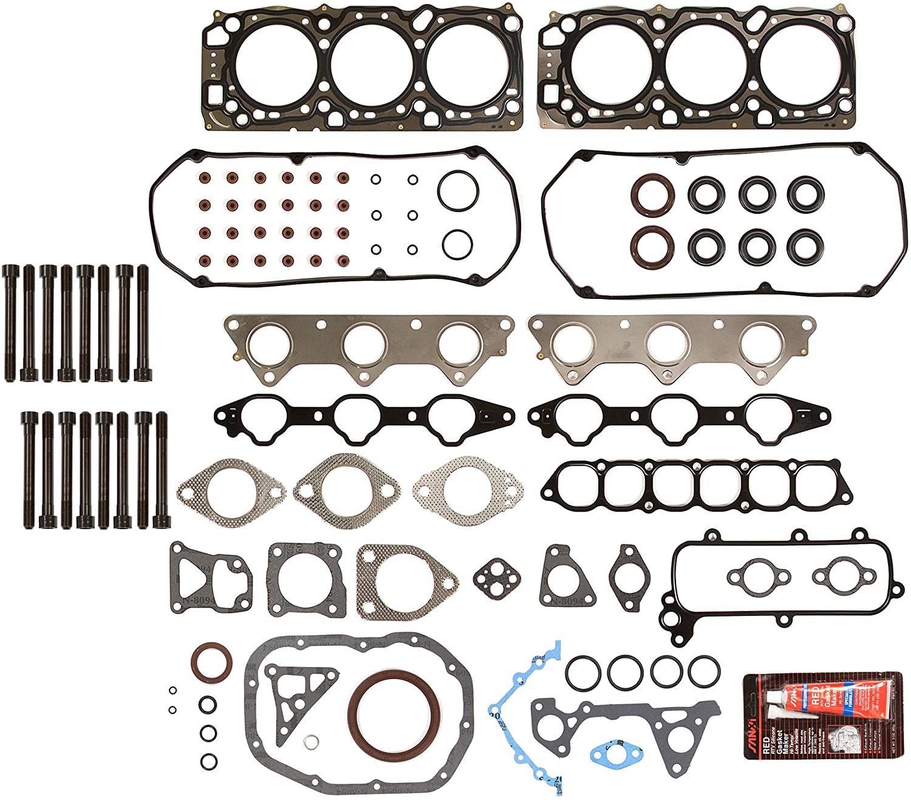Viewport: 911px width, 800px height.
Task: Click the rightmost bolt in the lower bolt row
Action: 162,469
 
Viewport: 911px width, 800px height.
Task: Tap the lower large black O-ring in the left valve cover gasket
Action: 457,244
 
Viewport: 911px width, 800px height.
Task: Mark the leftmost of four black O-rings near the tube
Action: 583,672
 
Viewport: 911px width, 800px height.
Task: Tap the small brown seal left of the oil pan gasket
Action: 211,664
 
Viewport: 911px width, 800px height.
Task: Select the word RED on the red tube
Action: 817,696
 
